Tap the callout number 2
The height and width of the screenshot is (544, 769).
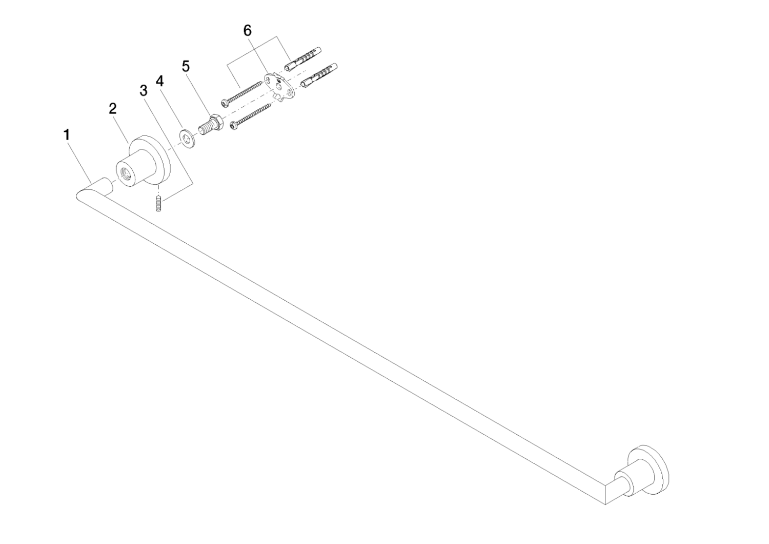pyautogui.click(x=113, y=109)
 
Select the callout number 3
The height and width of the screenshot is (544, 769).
pyautogui.click(x=144, y=91)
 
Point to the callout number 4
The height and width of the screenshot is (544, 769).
pyautogui.click(x=159, y=81)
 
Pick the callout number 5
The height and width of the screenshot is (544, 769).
pyautogui.click(x=186, y=66)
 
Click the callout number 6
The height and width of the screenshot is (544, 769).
pyautogui.click(x=248, y=31)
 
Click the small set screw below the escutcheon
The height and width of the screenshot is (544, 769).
pyautogui.click(x=158, y=203)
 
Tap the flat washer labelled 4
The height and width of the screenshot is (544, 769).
pyautogui.click(x=187, y=139)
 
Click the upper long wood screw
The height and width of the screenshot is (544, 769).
pyautogui.click(x=241, y=92)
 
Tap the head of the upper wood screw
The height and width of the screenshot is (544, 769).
pyautogui.click(x=224, y=102)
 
